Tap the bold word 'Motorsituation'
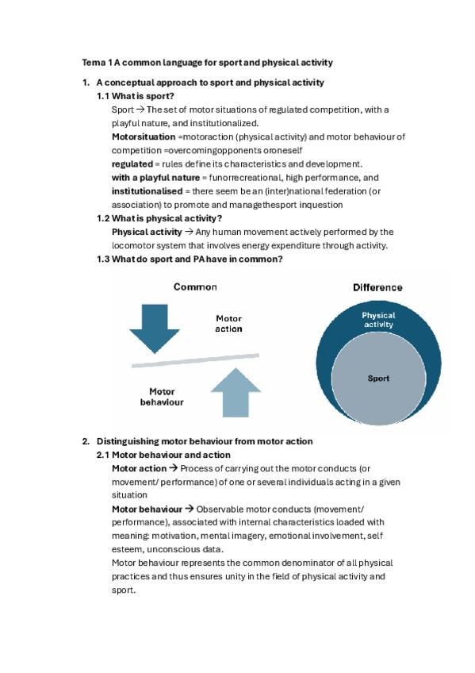click(144, 137)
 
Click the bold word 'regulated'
click(132, 163)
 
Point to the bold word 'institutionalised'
click(147, 191)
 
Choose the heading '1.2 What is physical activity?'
click(159, 218)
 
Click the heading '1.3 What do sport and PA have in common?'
click(190, 260)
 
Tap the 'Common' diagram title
click(195, 287)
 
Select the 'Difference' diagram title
click(377, 287)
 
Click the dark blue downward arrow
click(155, 325)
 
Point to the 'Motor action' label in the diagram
click(229, 324)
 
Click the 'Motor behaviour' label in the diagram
click(162, 397)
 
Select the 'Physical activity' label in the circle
click(378, 320)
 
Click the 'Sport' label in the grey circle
click(378, 379)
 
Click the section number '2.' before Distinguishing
click(86, 441)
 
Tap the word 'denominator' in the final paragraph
click(288, 563)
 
